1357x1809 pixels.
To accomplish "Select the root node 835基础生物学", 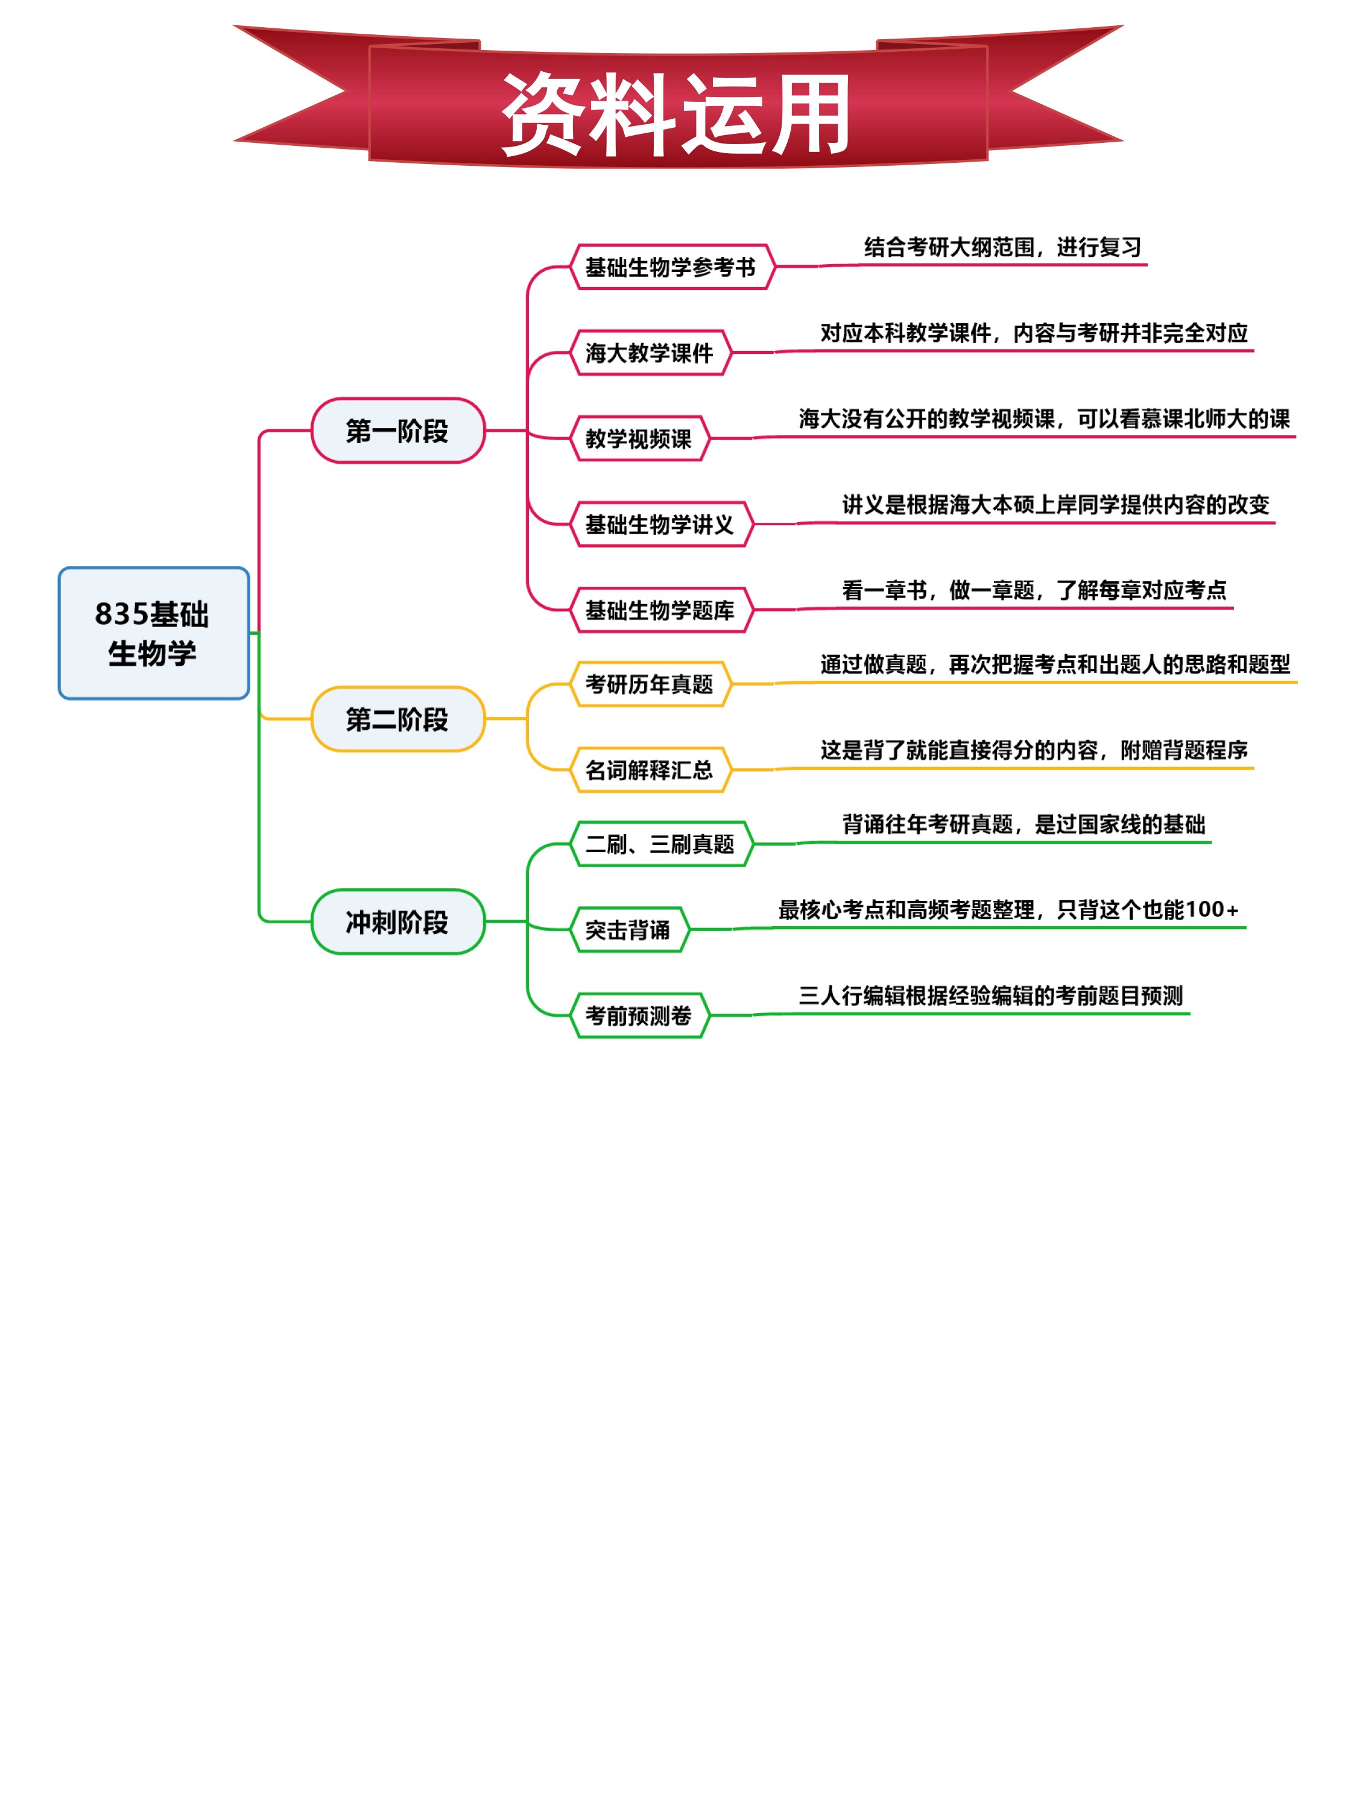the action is pos(154,633).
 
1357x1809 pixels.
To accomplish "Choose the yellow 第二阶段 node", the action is pos(398,719).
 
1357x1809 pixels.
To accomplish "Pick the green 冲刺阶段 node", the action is pos(398,921).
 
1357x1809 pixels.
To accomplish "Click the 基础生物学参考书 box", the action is pos(671,267).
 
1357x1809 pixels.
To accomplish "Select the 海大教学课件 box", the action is pos(650,353).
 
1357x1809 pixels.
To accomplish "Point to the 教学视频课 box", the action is pos(639,438).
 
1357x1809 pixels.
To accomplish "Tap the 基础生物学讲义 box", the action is pos(661,524).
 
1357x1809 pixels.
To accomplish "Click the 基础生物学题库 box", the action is pos(661,610).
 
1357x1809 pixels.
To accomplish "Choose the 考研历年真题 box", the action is pos(650,684).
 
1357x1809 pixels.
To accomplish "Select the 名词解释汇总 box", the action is pos(650,769).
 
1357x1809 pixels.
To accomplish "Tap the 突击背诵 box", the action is pos(628,930).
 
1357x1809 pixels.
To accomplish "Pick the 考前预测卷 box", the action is pos(639,1015).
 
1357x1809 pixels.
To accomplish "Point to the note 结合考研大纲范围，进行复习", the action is pos(1003,247).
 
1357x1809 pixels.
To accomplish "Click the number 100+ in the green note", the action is pos(1212,909).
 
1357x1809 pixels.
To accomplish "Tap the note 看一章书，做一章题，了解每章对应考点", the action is pos(1035,590).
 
